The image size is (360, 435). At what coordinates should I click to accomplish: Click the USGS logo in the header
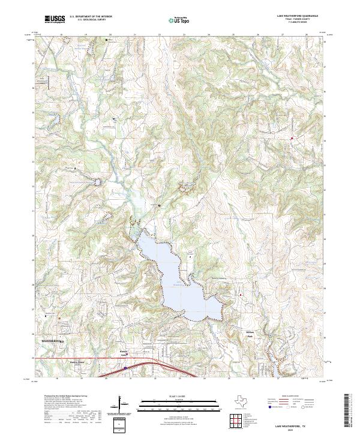pyautogui.click(x=55, y=19)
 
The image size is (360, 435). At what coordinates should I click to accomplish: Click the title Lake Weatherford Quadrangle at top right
pyautogui.click(x=298, y=16)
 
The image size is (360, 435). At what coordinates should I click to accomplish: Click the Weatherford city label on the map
pyautogui.click(x=53, y=340)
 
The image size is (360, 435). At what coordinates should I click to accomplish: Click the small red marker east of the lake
pyautogui.click(x=241, y=295)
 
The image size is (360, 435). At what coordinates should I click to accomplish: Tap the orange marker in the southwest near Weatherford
pyautogui.click(x=59, y=319)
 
